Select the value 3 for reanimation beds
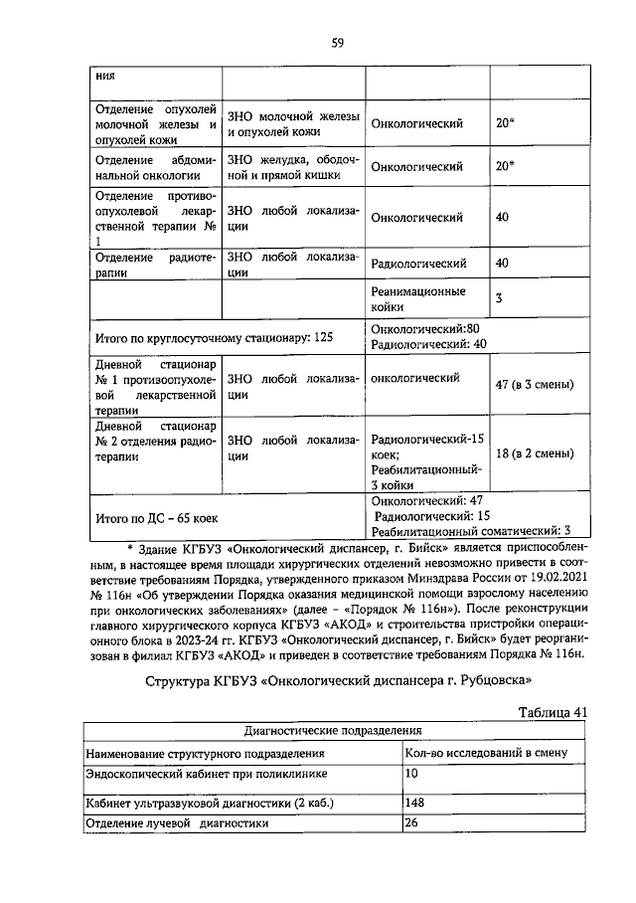coord(499,298)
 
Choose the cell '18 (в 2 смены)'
coord(534,453)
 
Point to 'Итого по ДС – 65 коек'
coord(156,517)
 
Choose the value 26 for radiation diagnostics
coord(413,823)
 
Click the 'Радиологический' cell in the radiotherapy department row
coord(418,264)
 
